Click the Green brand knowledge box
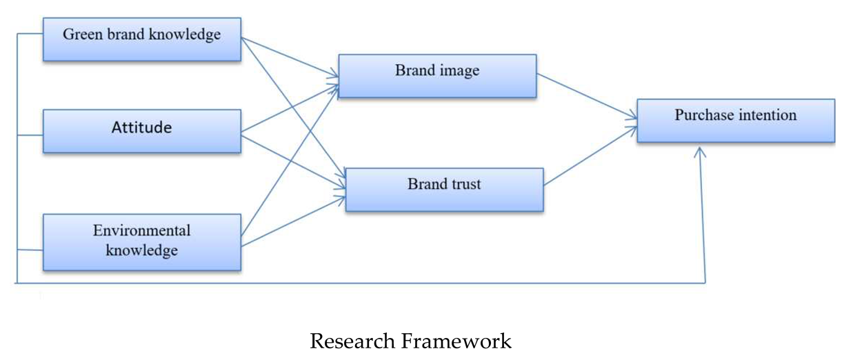pyautogui.click(x=142, y=39)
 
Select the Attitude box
pyautogui.click(x=142, y=130)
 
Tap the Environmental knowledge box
pyautogui.click(x=142, y=241)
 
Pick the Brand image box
pyautogui.click(x=437, y=76)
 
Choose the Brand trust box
pyautogui.click(x=444, y=190)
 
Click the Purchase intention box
pyautogui.click(x=736, y=121)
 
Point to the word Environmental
pyautogui.click(x=142, y=230)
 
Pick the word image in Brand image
pyautogui.click(x=459, y=70)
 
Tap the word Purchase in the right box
pyautogui.click(x=703, y=115)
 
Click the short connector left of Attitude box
pyautogui.click(x=30, y=135)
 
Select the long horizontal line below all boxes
pyautogui.click(x=359, y=282)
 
